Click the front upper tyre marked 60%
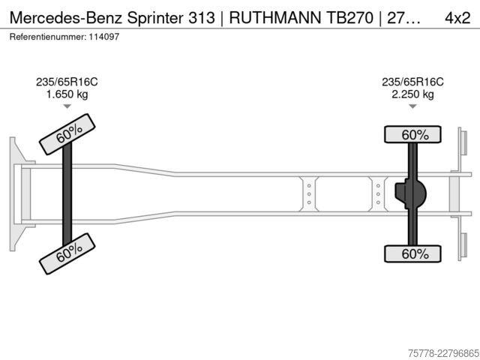pos(67,134)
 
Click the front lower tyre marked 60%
pos(67,253)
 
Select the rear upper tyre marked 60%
pos(412,134)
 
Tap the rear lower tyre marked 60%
pos(412,253)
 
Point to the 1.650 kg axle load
pos(67,94)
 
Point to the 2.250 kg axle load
pos(412,94)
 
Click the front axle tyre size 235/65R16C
pos(67,82)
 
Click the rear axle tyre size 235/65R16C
pos(412,82)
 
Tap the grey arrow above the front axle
pos(67,106)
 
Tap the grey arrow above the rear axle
pos(412,106)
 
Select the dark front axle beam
pos(67,194)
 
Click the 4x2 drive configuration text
pos(457,18)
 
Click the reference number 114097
pos(104,37)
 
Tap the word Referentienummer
pos(48,37)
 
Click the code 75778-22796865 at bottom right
pos(443,353)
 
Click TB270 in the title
pos(350,18)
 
